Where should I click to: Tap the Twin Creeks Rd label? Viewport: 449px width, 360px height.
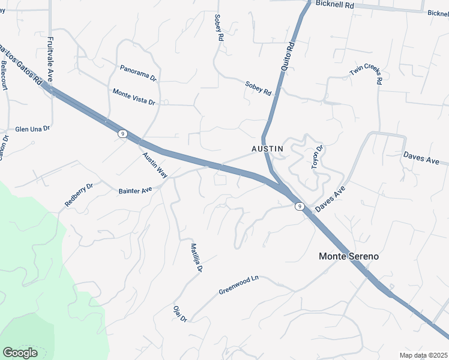[366, 76]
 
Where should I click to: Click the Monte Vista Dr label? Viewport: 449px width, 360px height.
[134, 96]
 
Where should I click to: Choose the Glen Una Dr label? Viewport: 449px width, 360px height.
[32, 129]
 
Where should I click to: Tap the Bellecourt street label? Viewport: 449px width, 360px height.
[4, 75]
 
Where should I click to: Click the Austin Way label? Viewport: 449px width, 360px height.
[154, 164]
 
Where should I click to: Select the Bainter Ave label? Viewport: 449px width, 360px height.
[135, 191]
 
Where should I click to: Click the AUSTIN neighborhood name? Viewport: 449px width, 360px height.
[267, 148]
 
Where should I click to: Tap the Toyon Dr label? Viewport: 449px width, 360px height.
[317, 157]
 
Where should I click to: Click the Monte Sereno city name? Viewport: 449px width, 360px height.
[348, 256]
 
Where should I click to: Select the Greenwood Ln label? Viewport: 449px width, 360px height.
[238, 284]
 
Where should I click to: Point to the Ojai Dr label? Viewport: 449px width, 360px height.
[180, 313]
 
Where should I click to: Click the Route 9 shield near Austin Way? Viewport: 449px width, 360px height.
[122, 134]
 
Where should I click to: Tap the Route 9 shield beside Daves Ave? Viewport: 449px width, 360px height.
[299, 206]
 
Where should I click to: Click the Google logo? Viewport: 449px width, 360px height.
[20, 353]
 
